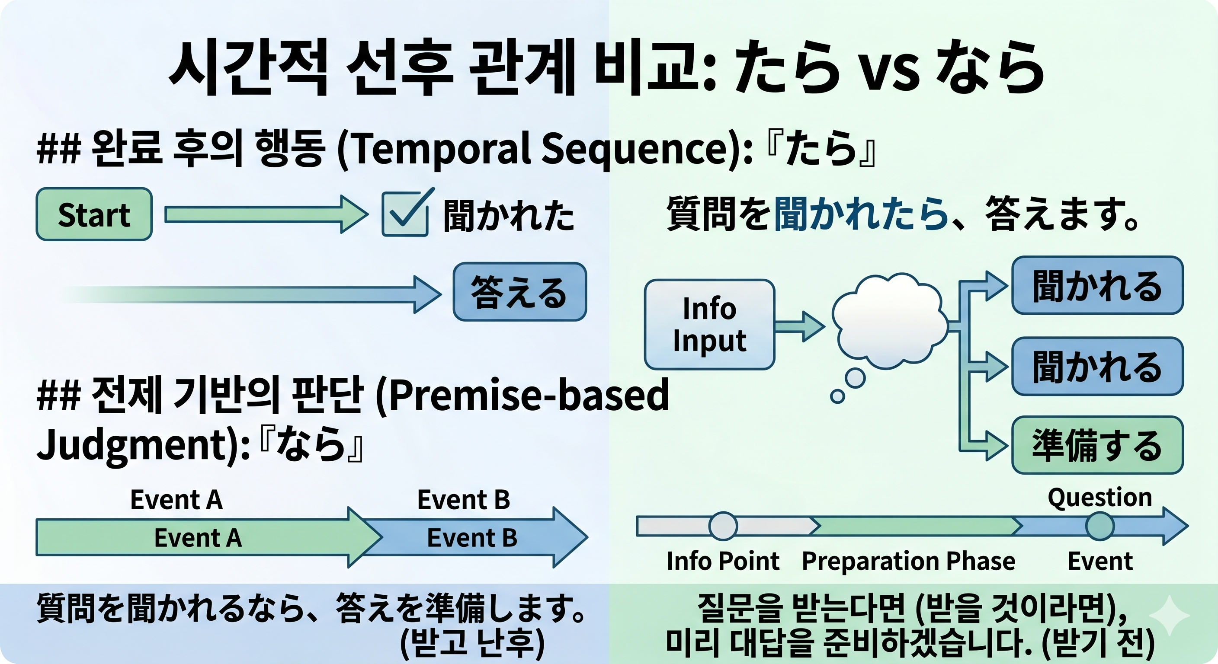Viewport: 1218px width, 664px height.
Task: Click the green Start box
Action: point(94,214)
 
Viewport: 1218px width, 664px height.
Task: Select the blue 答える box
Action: point(519,292)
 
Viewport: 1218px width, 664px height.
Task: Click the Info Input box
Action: point(709,325)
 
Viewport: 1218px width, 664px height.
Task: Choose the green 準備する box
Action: point(1097,445)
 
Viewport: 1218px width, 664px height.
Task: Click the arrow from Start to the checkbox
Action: point(265,214)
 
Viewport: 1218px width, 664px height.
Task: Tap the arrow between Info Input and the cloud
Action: point(799,326)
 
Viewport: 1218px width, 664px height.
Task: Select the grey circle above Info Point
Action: point(722,526)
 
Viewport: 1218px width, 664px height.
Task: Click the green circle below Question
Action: point(1100,527)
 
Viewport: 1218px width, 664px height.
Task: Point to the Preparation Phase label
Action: point(908,562)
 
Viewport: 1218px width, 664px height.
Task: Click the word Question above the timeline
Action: point(1099,498)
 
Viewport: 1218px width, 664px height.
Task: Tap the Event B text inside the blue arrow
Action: point(472,538)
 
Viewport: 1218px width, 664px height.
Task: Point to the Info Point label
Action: point(722,562)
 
